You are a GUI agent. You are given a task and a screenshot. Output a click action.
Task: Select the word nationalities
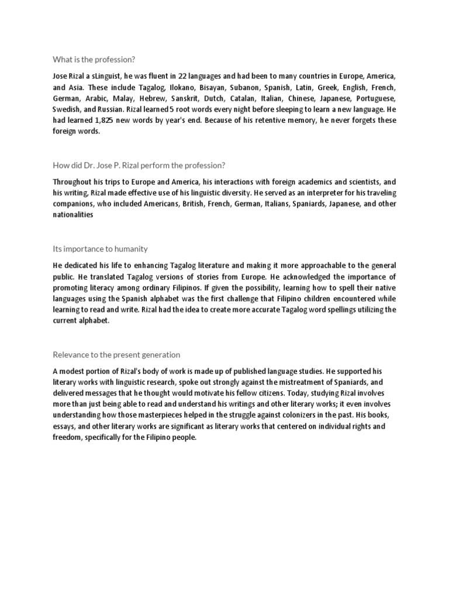pos(73,215)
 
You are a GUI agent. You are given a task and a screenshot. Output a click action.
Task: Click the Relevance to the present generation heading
pos(116,354)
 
